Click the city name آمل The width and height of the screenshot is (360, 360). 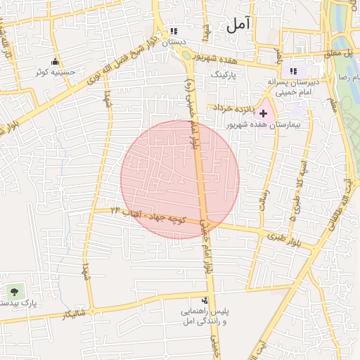(x=238, y=25)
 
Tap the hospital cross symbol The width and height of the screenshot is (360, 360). (x=264, y=112)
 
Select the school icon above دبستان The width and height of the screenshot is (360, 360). (x=173, y=32)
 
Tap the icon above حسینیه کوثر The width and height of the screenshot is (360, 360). (x=56, y=61)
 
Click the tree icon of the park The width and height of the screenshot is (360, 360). (x=13, y=291)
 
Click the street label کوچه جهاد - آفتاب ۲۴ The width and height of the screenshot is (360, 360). (x=150, y=216)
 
